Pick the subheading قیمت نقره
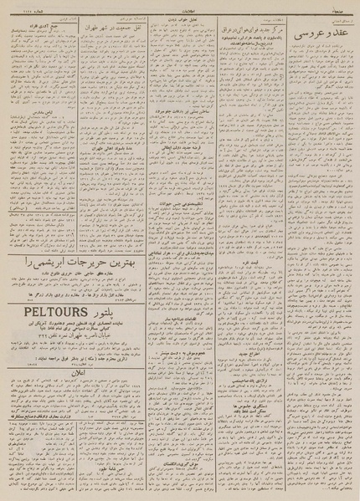(250, 264)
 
